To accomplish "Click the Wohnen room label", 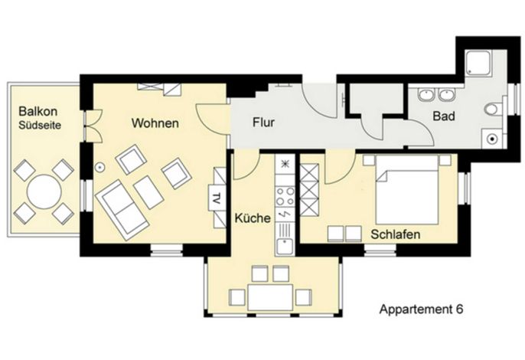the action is coord(155,123).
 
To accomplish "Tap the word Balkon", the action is coord(37,111).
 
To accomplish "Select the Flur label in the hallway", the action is coord(263,122).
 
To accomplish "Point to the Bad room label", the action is coord(444,116).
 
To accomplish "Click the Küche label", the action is coord(253,218).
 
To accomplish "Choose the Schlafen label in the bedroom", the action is coord(396,234).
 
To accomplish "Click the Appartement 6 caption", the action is coord(421,309).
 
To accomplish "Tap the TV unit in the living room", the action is coord(217,198).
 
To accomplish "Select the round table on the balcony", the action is coord(44,191).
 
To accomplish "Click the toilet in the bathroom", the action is coord(493,110).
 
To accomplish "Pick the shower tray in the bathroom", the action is coord(478,63).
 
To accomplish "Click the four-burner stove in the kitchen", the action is coord(285,196).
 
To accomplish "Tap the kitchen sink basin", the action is coord(285,246).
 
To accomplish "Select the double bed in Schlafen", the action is coord(407,189).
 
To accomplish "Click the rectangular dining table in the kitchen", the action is coord(270,297).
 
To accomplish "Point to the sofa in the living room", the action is coord(122,210).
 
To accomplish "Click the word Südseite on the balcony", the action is coord(40,126).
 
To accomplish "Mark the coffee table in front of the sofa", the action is coord(148,192).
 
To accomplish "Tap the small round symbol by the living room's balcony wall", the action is coord(99,166).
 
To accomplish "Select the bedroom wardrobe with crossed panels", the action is coord(309,190).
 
